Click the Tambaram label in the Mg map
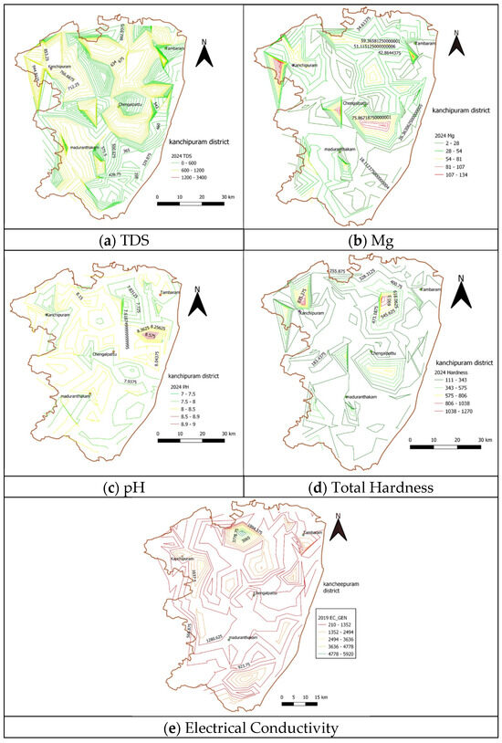pyautogui.click(x=426, y=43)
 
